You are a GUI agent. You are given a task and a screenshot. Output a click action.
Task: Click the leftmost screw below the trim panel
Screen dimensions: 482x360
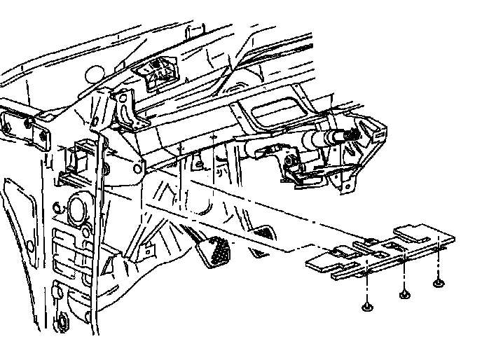coord(367,307)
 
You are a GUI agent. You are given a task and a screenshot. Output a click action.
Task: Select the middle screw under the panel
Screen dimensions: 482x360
coord(404,294)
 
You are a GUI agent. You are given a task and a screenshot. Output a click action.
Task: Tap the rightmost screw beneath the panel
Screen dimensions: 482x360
coord(438,283)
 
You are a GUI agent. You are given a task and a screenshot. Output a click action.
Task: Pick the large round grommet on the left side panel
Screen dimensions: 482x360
coord(76,209)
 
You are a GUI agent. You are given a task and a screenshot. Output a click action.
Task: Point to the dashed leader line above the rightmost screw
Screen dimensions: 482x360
coord(438,263)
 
